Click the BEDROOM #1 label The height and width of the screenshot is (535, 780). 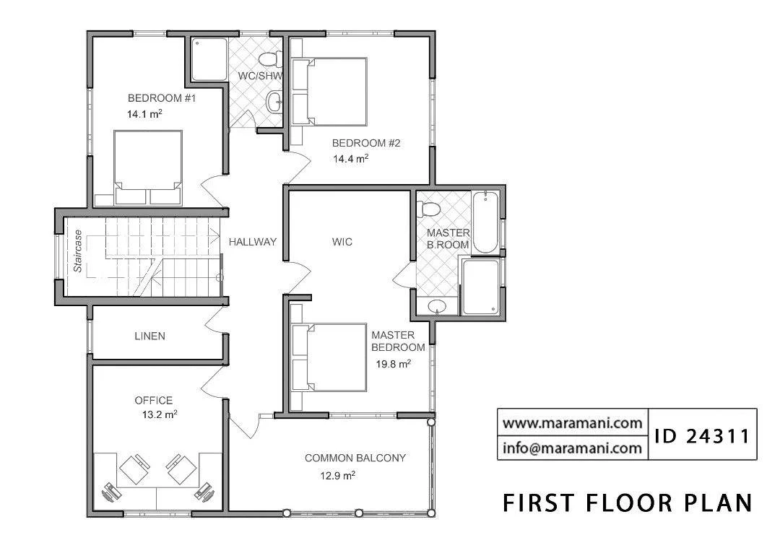pyautogui.click(x=162, y=98)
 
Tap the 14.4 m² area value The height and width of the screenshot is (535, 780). pyautogui.click(x=351, y=159)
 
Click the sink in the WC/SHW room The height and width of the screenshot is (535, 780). pyautogui.click(x=274, y=102)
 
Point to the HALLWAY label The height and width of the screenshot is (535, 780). pyautogui.click(x=252, y=242)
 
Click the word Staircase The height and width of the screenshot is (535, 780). pyautogui.click(x=77, y=251)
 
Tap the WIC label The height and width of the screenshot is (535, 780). pyautogui.click(x=342, y=242)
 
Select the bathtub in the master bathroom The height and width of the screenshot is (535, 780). pyautogui.click(x=485, y=222)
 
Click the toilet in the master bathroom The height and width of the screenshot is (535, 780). pyautogui.click(x=428, y=209)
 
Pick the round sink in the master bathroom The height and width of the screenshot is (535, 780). pyautogui.click(x=437, y=307)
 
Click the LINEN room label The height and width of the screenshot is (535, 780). pyautogui.click(x=149, y=336)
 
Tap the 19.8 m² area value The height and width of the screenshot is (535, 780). pyautogui.click(x=393, y=364)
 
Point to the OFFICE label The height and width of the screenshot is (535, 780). pyautogui.click(x=154, y=400)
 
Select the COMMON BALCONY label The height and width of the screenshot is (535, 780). pyautogui.click(x=355, y=458)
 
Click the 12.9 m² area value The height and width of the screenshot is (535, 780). pyautogui.click(x=337, y=476)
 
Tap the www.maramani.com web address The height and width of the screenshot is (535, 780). pyautogui.click(x=572, y=424)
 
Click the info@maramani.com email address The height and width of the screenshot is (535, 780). pyautogui.click(x=572, y=448)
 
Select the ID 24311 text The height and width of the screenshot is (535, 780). pyautogui.click(x=702, y=436)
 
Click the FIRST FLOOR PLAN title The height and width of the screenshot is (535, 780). pyautogui.click(x=628, y=503)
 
